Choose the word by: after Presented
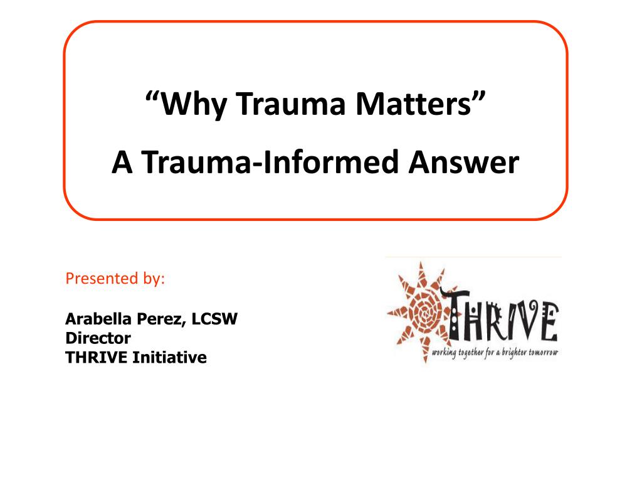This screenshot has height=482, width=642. coord(151,279)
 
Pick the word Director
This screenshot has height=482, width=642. coord(98,338)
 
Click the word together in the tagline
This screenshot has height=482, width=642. coord(475,354)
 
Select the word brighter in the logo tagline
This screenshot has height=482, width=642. coord(513,353)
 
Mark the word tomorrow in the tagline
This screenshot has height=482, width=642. coord(543,353)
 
